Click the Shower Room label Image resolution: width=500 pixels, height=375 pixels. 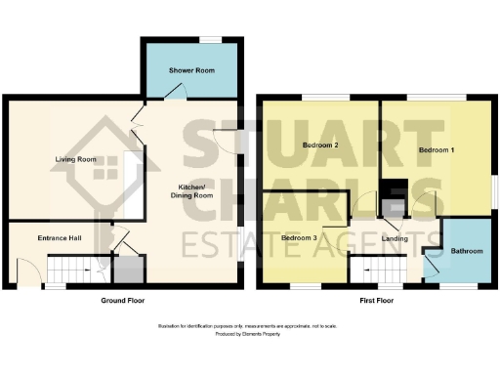pyautogui.click(x=191, y=69)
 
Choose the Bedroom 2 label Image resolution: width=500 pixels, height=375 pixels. pyautogui.click(x=320, y=146)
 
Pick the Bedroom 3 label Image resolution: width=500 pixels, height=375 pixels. pyautogui.click(x=301, y=237)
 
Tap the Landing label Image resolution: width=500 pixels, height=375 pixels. pyautogui.click(x=395, y=237)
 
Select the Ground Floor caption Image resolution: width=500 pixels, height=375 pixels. pyautogui.click(x=124, y=301)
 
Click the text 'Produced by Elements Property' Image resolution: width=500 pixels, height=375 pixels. pyautogui.click(x=249, y=334)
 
